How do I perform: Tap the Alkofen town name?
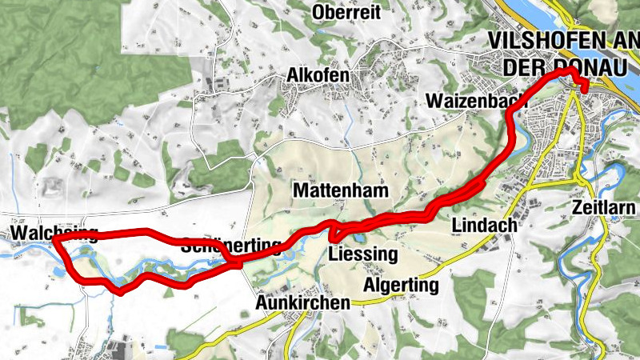[318, 75]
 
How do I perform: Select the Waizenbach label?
[477, 102]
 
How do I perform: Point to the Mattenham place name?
[341, 191]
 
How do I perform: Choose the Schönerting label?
[232, 245]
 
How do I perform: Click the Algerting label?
[402, 286]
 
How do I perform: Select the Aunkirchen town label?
[302, 303]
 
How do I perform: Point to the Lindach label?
[485, 226]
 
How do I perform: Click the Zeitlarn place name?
[605, 208]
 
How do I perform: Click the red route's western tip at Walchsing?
[54, 240]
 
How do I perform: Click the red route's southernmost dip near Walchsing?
[119, 292]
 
